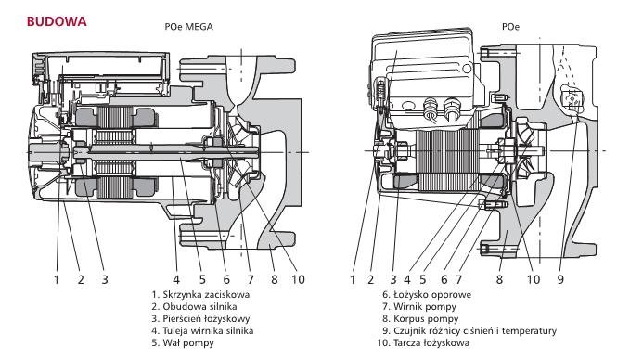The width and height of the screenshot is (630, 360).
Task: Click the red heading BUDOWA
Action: [x=57, y=21]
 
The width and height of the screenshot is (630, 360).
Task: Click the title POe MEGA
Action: [x=189, y=27]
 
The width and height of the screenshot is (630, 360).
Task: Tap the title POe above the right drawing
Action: [x=510, y=27]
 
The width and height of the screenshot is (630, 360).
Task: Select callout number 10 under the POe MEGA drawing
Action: [x=298, y=279]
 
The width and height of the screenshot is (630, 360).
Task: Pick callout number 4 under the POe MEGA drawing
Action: [x=176, y=279]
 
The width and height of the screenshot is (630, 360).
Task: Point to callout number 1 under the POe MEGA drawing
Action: [x=57, y=279]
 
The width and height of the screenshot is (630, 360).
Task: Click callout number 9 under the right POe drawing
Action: [x=560, y=279]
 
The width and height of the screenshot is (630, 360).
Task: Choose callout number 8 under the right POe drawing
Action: [x=499, y=279]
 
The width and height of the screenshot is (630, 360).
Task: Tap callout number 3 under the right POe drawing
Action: [x=393, y=279]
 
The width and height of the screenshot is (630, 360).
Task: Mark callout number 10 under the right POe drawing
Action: [x=534, y=279]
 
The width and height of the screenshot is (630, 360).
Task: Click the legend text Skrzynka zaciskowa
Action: [x=206, y=294]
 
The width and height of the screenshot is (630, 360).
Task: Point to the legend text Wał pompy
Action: [x=188, y=343]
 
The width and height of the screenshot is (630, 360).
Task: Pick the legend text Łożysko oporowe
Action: [x=432, y=294]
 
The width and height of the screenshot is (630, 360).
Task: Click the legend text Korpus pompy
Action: [x=426, y=319]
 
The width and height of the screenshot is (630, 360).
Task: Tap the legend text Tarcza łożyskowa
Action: [x=431, y=342]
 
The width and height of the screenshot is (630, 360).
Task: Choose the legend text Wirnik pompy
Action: [x=425, y=307]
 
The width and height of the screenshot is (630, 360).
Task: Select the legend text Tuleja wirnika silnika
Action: [x=208, y=330]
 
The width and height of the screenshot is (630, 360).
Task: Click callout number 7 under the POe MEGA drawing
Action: [x=251, y=279]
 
